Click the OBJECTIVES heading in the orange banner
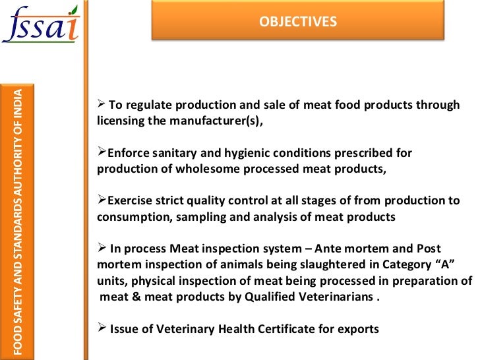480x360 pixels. pos(298,22)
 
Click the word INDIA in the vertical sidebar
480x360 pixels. pos(18,104)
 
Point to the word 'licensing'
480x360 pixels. pos(123,121)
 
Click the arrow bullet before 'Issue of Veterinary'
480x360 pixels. pos(102,327)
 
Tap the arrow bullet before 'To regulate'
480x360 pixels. pos(102,105)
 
